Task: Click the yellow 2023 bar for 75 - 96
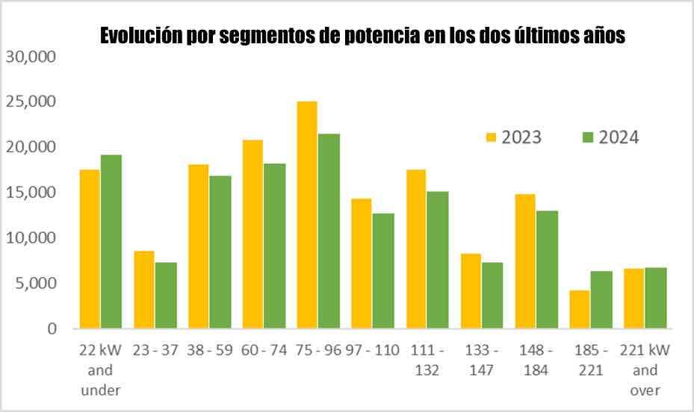pos(307,215)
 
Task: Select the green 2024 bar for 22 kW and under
pos(111,241)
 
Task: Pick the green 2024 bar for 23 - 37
pos(166,295)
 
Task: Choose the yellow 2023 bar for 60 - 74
pos(252,234)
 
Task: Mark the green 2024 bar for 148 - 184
pos(547,269)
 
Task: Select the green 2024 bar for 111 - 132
pos(438,260)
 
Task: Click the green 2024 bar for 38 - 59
pos(220,252)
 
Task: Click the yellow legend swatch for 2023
pos(491,137)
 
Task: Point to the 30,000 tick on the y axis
pos(31,57)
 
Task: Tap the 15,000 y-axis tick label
pos(31,193)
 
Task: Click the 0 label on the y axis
pos(52,328)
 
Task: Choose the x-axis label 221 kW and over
pos(645,370)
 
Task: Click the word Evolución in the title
pos(142,36)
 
